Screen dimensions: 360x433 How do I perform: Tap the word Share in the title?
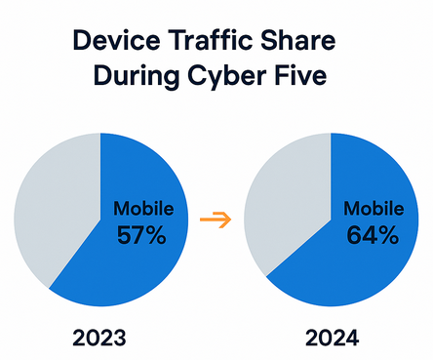(x=305, y=43)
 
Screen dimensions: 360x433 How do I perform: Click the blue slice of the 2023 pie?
(x=127, y=268)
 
